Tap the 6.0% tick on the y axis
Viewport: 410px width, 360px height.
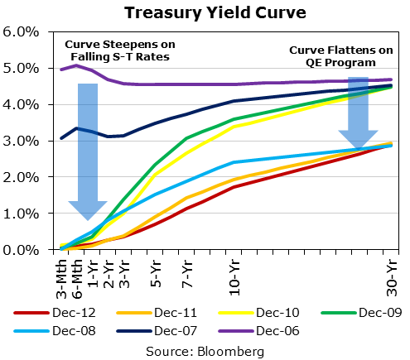[22, 32]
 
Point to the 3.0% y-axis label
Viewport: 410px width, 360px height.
[22, 141]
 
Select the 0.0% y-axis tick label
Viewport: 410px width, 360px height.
[22, 249]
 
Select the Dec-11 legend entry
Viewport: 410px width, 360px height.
[157, 312]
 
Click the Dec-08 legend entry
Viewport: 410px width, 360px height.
[63, 331]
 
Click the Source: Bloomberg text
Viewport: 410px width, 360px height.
[205, 350]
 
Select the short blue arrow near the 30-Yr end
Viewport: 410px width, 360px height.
[358, 112]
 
